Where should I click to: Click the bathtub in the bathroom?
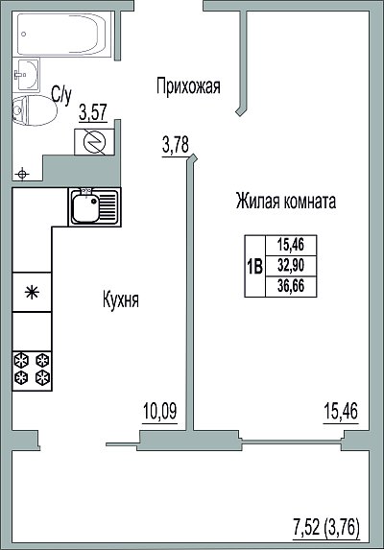point(62,34)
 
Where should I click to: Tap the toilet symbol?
point(35,110)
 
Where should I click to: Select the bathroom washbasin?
point(26,75)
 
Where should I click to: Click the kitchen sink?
point(94,207)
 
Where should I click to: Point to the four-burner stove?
point(32,371)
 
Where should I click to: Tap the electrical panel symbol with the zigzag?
point(94,142)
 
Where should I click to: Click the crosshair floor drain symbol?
point(22,174)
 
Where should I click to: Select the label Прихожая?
point(188,86)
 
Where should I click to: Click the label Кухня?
point(121,300)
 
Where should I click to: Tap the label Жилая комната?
point(286,201)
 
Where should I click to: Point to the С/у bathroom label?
point(61,94)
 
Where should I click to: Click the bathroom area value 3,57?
point(93,113)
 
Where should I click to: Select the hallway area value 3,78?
point(176,145)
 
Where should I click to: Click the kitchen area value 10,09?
point(160,411)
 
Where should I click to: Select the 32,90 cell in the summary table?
point(291,266)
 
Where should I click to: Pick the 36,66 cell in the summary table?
point(291,287)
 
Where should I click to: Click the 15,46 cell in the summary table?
point(291,245)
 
